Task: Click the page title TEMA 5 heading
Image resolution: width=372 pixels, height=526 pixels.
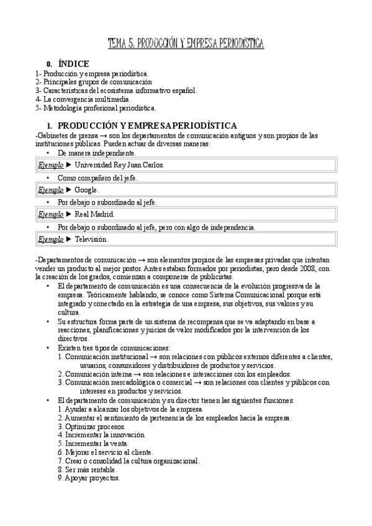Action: click(186, 43)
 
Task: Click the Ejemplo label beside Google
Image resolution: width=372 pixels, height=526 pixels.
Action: click(51, 189)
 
